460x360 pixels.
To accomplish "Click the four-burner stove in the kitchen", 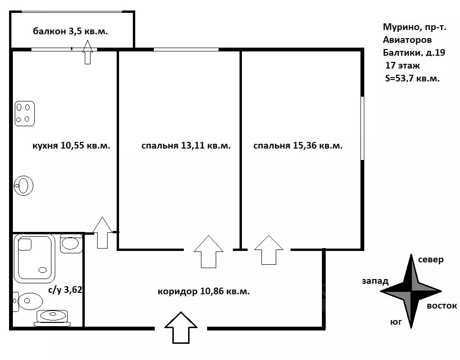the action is (25, 113).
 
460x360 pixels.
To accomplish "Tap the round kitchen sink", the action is (23, 185).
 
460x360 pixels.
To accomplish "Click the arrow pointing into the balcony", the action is (88, 52).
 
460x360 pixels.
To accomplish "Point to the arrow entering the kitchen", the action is (102, 232).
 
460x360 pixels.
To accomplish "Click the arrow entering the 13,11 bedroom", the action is (209, 251).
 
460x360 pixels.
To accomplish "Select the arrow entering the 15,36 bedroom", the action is (269, 250).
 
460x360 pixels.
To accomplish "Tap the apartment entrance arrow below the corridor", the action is (181, 328).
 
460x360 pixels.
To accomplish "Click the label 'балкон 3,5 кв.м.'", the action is (70, 31).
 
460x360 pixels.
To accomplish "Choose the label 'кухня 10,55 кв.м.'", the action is (71, 145).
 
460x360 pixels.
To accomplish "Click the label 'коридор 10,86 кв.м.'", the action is (204, 291).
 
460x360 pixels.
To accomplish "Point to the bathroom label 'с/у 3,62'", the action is (65, 290).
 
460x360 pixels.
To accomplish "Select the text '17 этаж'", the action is (402, 65).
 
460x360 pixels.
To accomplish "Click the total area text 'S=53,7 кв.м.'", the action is (412, 79).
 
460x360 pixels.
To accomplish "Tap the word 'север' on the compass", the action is (430, 260).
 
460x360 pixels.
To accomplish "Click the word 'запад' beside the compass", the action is (375, 281).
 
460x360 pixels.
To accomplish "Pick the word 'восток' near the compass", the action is (442, 306).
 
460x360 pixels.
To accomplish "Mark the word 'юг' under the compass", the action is (396, 322).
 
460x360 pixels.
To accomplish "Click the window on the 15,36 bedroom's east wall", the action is (362, 128).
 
